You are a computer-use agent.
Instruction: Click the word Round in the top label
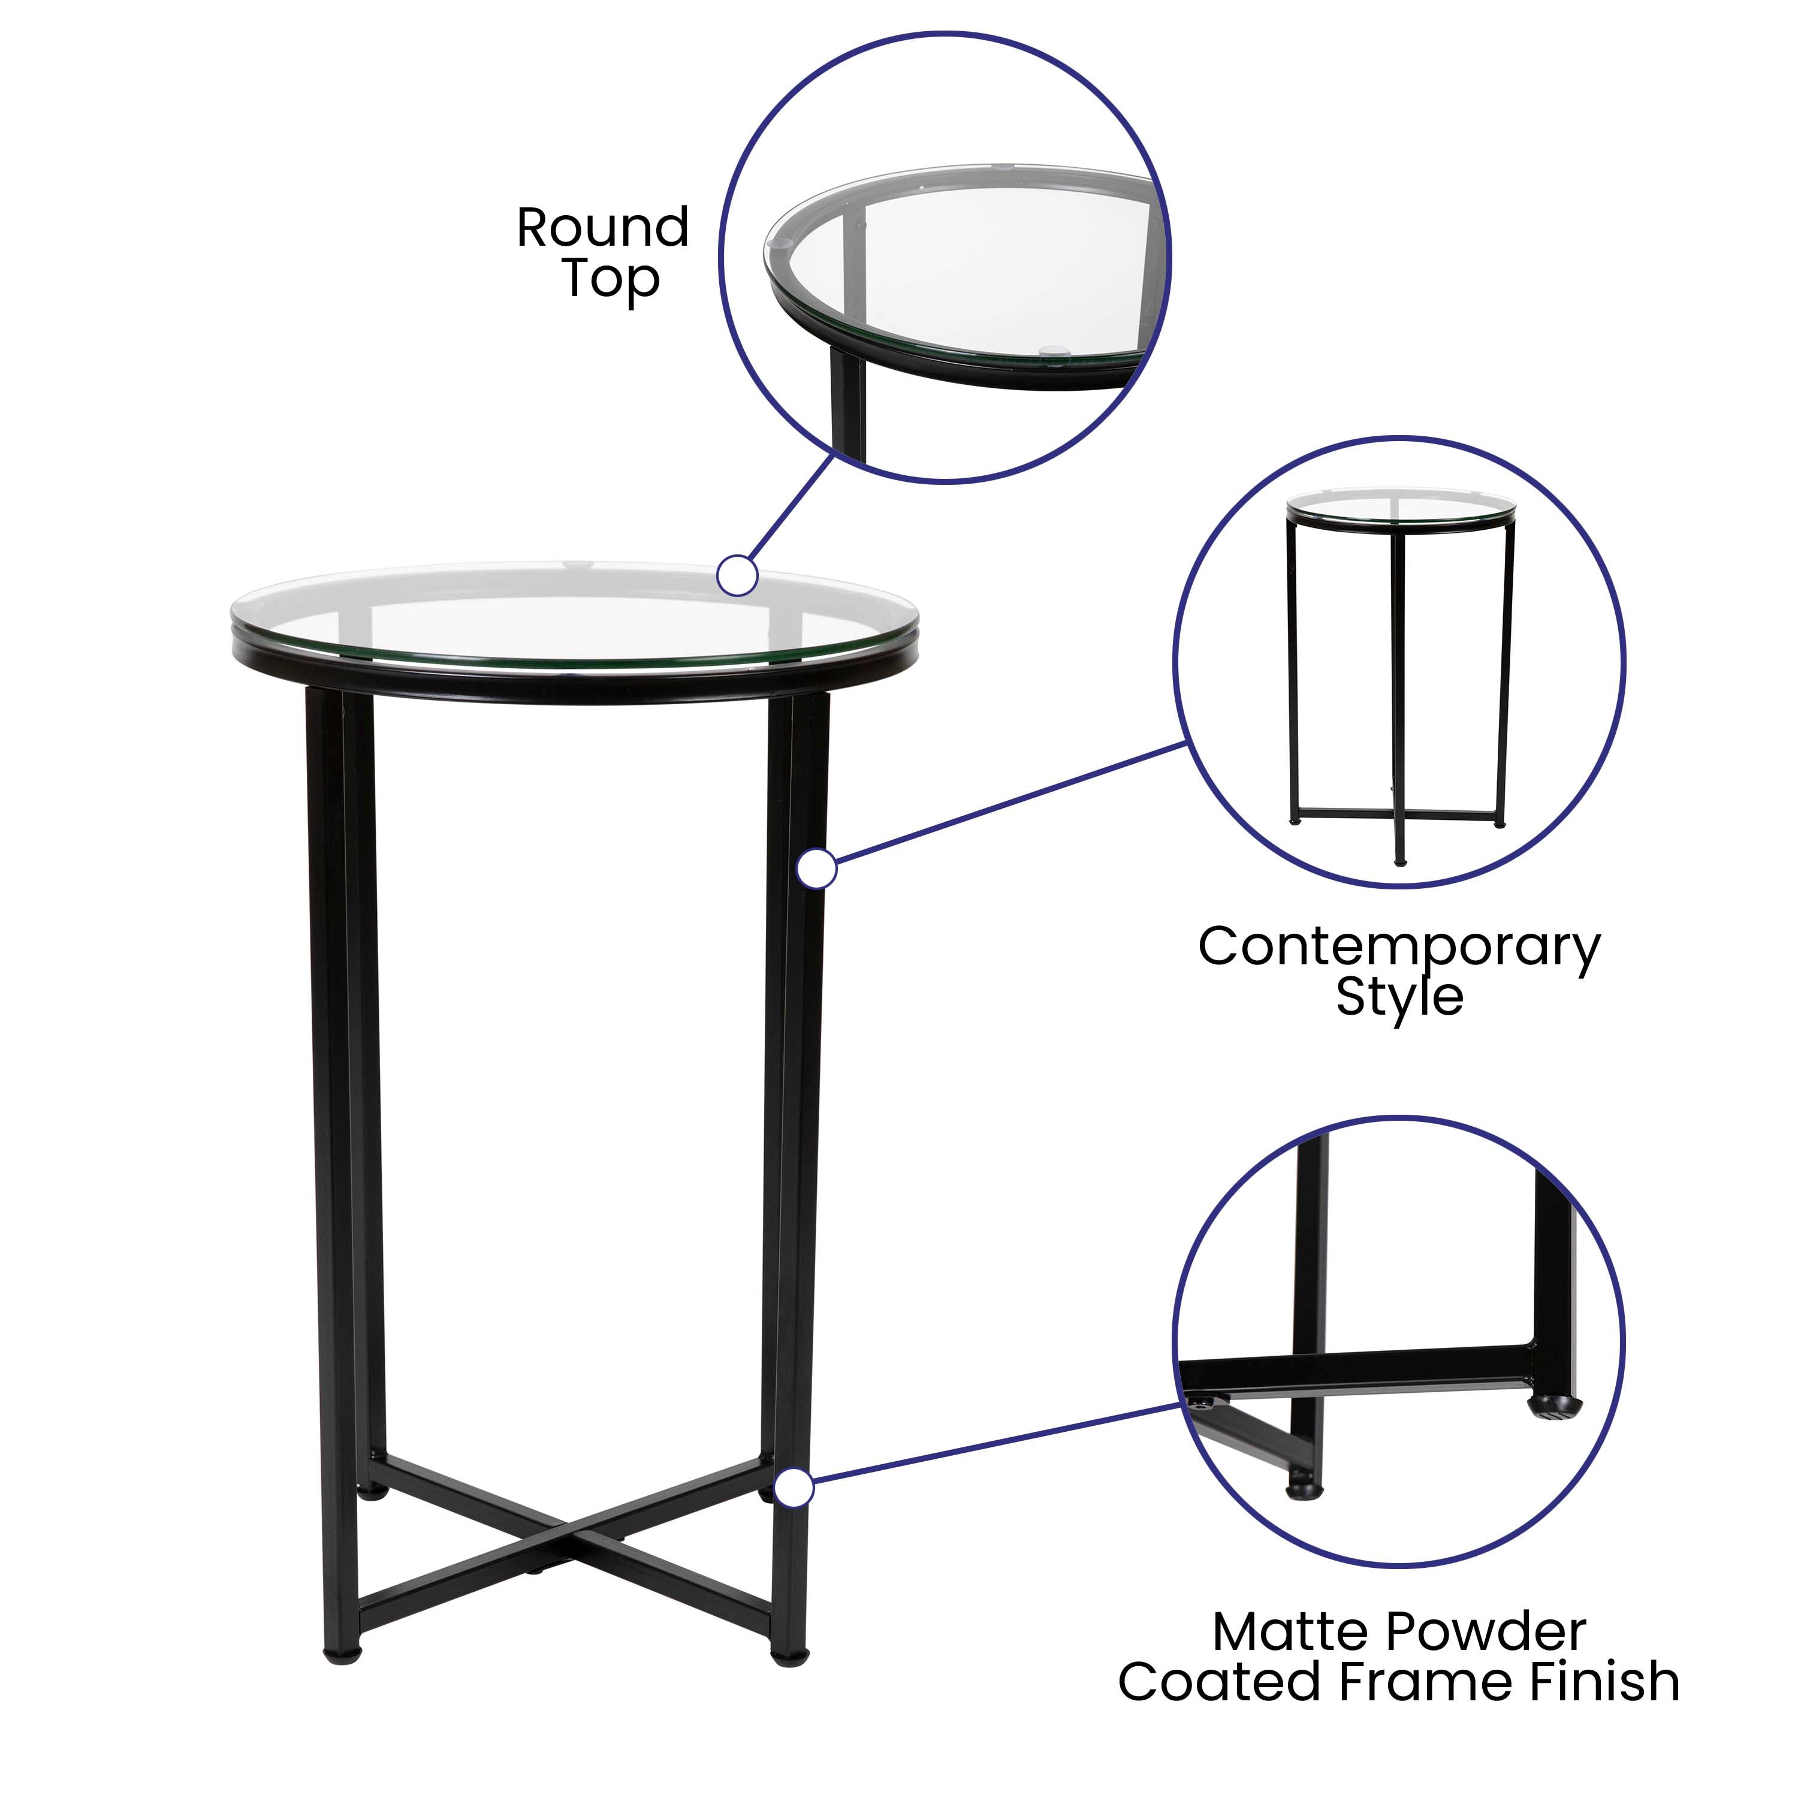pos(602,228)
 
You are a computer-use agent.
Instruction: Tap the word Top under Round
pos(611,279)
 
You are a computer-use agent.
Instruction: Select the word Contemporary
pos(1399,948)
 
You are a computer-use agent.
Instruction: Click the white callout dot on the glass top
pos(737,576)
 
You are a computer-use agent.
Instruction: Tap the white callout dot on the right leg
pos(817,869)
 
